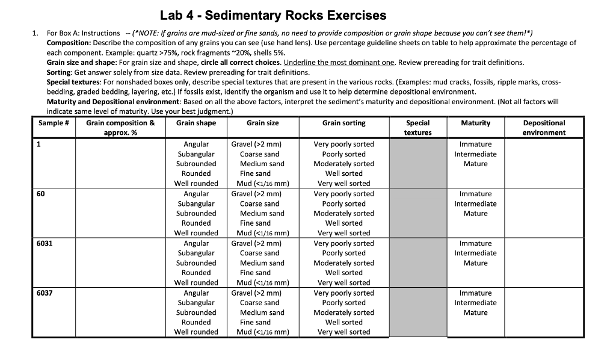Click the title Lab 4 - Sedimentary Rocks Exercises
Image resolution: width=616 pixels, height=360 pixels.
coord(273,15)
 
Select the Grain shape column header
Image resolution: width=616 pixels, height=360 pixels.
coord(196,123)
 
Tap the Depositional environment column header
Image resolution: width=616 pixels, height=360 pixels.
coord(544,128)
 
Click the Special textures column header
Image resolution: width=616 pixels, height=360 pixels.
coord(417,128)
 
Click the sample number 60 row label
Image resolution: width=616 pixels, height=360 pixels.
coord(41,194)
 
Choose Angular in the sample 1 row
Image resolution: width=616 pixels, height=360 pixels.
coord(196,144)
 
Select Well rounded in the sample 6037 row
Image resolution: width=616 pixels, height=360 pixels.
coord(196,332)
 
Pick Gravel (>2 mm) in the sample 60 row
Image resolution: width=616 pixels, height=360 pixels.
coord(256,194)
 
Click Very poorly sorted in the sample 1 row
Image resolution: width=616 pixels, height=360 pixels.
coord(343,144)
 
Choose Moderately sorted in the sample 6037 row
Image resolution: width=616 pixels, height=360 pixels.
coord(343,312)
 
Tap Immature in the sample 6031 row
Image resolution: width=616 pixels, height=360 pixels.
coord(475,243)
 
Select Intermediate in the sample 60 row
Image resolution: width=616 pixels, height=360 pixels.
coord(475,203)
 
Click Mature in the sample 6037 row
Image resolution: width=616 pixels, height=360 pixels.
coord(475,312)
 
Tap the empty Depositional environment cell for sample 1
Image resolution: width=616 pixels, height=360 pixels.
coord(544,163)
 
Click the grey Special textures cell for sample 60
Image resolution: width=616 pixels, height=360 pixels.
coord(417,213)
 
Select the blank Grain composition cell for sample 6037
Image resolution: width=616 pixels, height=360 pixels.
coord(120,312)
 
